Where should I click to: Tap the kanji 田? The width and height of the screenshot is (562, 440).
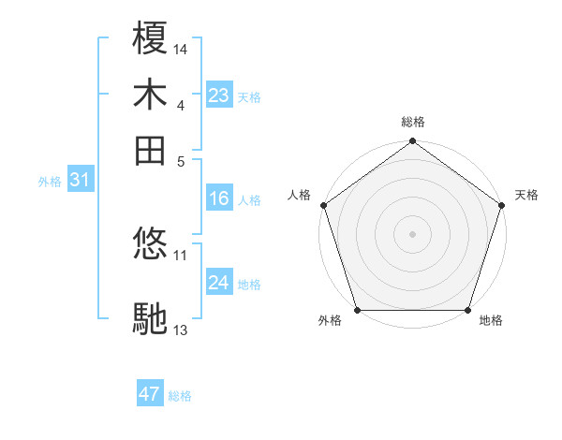(x=151, y=149)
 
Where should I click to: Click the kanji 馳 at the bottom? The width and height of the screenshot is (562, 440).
(x=151, y=319)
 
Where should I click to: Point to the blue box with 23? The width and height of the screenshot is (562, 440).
(x=219, y=95)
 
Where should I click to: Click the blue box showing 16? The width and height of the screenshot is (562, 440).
(x=219, y=198)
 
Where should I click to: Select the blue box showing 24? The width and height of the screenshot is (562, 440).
(x=219, y=283)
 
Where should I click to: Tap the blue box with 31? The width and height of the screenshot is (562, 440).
(x=80, y=181)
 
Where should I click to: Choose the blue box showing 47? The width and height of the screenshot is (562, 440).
(x=150, y=394)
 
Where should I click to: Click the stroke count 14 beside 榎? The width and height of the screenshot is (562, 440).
(x=181, y=48)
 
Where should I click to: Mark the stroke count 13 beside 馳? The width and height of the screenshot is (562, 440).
(x=181, y=330)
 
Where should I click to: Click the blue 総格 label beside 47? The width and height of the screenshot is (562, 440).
(x=180, y=396)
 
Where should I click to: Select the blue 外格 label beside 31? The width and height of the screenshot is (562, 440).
(x=50, y=183)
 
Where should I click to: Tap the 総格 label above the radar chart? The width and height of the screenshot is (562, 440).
(x=413, y=122)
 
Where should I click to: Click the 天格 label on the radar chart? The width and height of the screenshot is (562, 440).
(x=526, y=195)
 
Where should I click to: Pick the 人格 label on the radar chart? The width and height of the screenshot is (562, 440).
(x=300, y=195)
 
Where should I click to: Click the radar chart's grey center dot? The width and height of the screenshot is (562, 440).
(x=413, y=233)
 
